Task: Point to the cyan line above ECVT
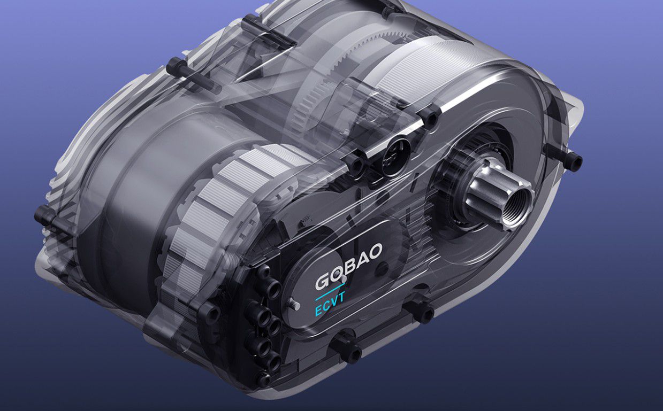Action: click(x=330, y=291)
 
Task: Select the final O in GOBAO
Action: click(x=374, y=252)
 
